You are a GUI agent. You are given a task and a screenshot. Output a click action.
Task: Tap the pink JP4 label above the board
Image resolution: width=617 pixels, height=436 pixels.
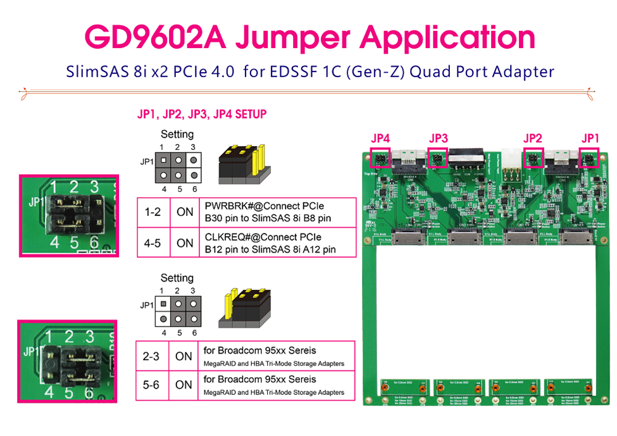tap(380, 138)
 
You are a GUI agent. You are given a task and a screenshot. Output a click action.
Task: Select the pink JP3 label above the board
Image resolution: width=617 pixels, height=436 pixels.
tap(438, 138)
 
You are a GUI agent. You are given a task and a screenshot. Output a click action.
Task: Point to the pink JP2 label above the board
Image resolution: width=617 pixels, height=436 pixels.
tap(533, 138)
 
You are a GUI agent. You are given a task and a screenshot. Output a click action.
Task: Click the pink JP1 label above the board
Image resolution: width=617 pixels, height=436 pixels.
tap(591, 138)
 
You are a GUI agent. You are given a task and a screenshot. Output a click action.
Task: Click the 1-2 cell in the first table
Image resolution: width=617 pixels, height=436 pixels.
tap(153, 212)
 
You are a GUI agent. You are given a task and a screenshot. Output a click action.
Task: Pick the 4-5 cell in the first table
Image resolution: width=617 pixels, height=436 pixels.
tap(153, 242)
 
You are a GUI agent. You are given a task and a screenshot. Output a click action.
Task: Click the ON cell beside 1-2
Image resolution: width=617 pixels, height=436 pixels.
tap(185, 212)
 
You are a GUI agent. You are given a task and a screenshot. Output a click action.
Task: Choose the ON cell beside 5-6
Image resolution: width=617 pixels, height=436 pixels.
tap(184, 384)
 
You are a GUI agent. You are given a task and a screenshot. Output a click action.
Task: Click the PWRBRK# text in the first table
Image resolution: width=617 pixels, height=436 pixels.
tap(227, 206)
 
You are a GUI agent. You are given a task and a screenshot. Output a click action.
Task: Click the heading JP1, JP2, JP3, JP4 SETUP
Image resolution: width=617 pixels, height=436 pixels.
tap(202, 115)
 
